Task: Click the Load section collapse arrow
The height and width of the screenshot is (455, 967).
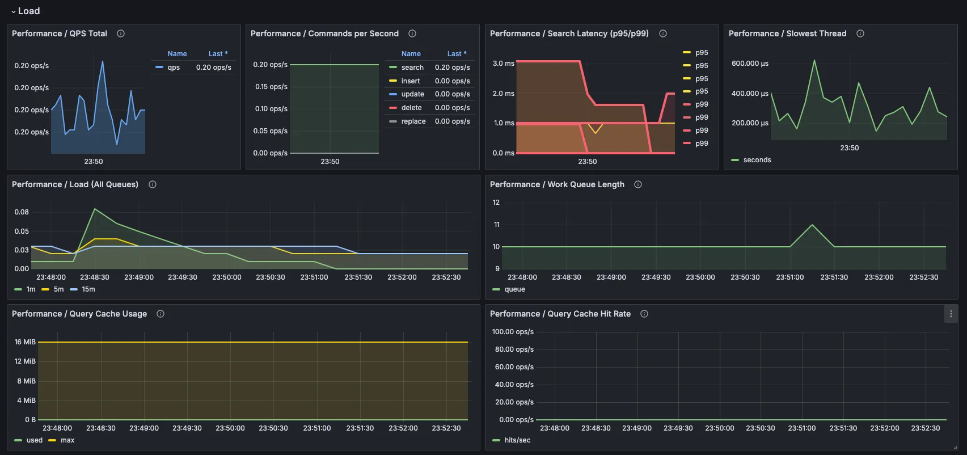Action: (x=14, y=11)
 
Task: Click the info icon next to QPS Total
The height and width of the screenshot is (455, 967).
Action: (x=121, y=33)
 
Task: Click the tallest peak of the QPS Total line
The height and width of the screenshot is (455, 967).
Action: (x=103, y=61)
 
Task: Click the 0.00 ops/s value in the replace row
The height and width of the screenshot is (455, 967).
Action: (x=452, y=121)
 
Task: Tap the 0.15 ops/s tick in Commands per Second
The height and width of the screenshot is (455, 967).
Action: (x=271, y=87)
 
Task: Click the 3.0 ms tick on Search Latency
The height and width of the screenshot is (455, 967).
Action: (x=503, y=64)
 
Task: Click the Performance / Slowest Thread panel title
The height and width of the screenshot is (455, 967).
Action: (x=787, y=33)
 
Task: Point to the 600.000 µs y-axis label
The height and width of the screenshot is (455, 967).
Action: (x=750, y=64)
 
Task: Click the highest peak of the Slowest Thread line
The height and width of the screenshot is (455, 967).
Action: (x=814, y=60)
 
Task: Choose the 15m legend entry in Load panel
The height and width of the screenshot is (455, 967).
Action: (x=88, y=289)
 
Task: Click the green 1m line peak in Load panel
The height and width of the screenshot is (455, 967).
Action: (x=95, y=209)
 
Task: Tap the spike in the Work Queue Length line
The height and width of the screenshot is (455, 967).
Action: (x=812, y=225)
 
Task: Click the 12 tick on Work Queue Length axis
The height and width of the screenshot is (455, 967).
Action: (x=496, y=203)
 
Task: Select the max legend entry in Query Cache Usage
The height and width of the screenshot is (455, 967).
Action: (x=67, y=440)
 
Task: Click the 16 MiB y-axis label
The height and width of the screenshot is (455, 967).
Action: (x=25, y=342)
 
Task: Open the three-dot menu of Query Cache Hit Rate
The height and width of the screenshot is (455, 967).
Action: (x=951, y=314)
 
